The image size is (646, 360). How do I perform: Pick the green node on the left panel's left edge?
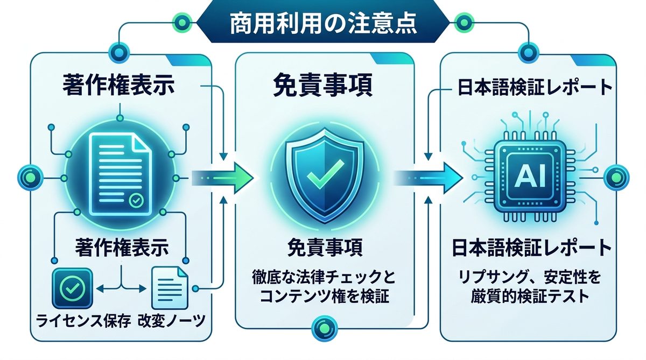(28, 175)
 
